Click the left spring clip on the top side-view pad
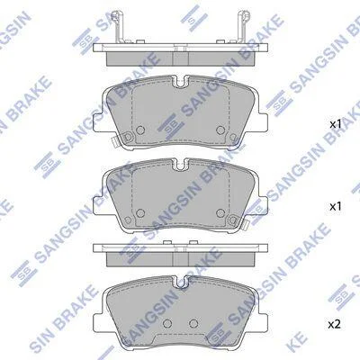click(118, 28)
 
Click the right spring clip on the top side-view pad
click(242, 28)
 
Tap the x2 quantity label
click(334, 324)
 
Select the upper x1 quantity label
click(336, 124)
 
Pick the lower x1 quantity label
click(336, 206)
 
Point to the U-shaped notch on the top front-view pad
click(181, 82)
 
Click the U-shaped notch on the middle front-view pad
click(181, 165)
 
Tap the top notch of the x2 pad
click(181, 283)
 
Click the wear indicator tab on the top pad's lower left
click(114, 141)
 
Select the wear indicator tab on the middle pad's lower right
click(246, 223)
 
